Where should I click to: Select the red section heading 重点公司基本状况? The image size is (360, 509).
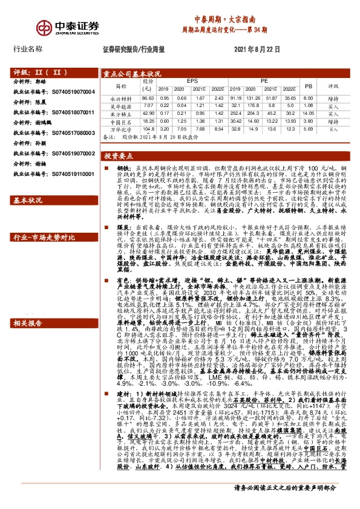coord(131,74)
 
